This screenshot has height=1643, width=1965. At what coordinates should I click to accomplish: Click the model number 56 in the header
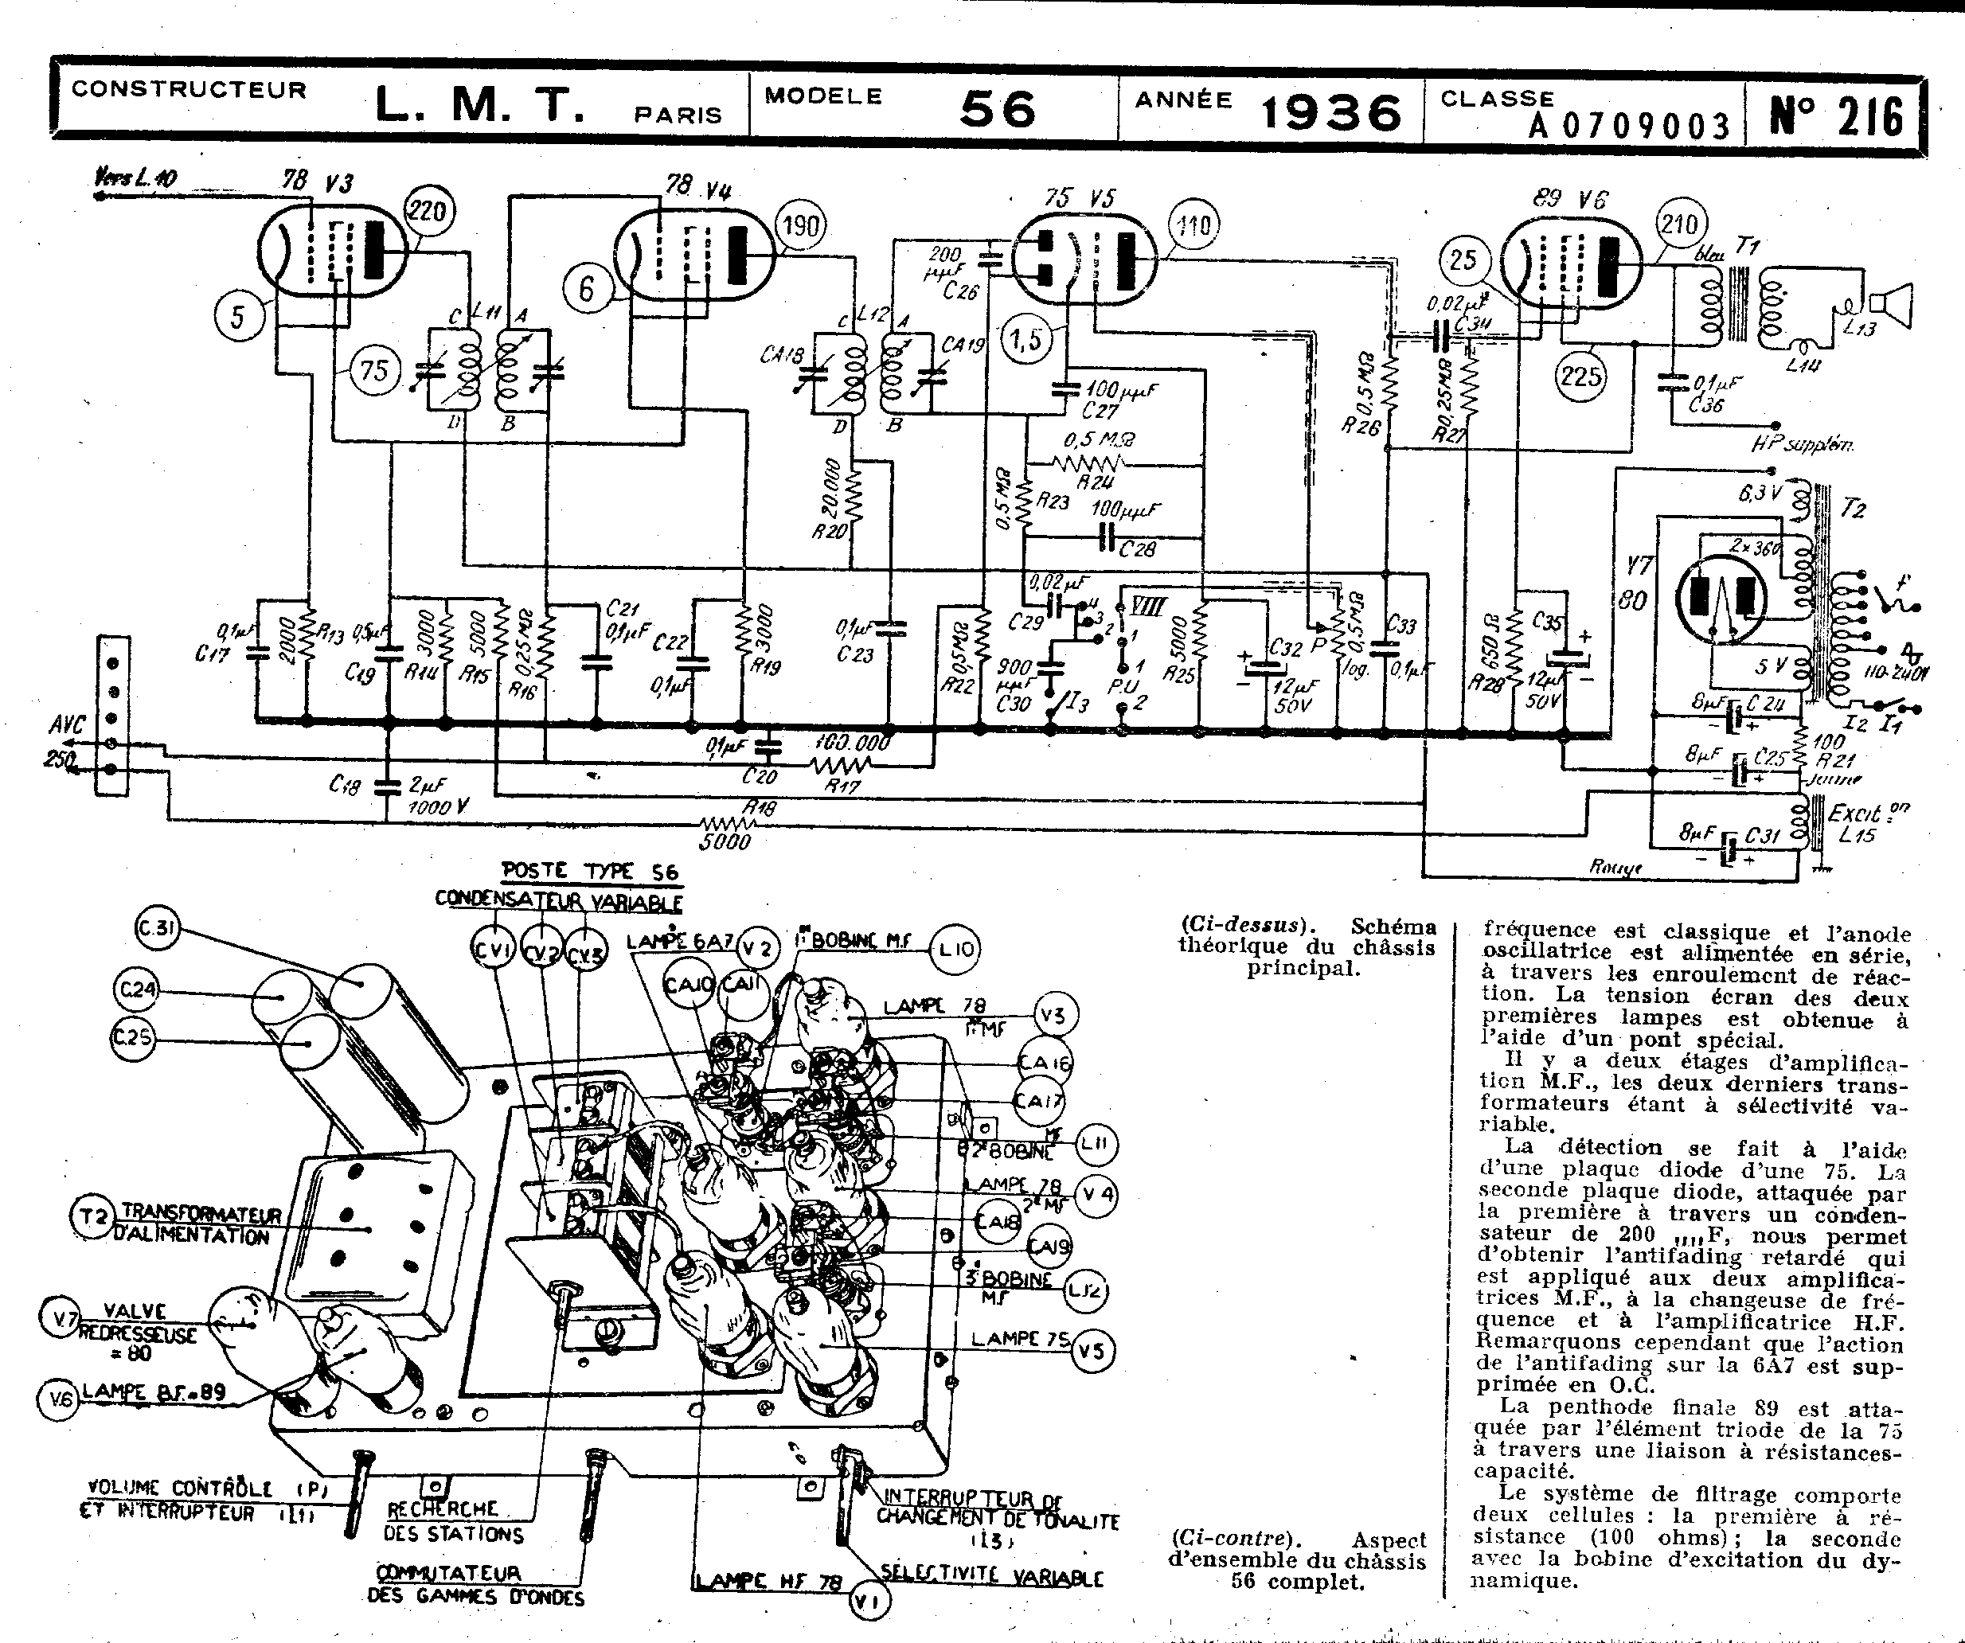[998, 110]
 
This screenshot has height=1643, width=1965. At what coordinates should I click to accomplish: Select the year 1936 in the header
[1331, 113]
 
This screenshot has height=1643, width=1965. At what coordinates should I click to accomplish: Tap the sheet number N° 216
[1836, 117]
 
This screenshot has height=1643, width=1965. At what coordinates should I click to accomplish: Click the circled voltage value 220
[428, 210]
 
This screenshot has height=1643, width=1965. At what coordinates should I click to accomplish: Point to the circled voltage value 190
[801, 226]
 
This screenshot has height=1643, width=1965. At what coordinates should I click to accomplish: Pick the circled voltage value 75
[373, 370]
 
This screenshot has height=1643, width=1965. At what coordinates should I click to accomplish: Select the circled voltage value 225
[1580, 377]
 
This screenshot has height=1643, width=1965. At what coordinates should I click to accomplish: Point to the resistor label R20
[829, 530]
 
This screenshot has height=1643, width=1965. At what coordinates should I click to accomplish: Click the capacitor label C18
[344, 785]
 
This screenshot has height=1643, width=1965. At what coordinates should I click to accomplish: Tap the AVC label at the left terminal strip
[66, 724]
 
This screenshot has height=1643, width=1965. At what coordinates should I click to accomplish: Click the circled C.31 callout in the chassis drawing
[157, 929]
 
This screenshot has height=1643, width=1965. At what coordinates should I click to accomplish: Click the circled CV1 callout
[491, 950]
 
